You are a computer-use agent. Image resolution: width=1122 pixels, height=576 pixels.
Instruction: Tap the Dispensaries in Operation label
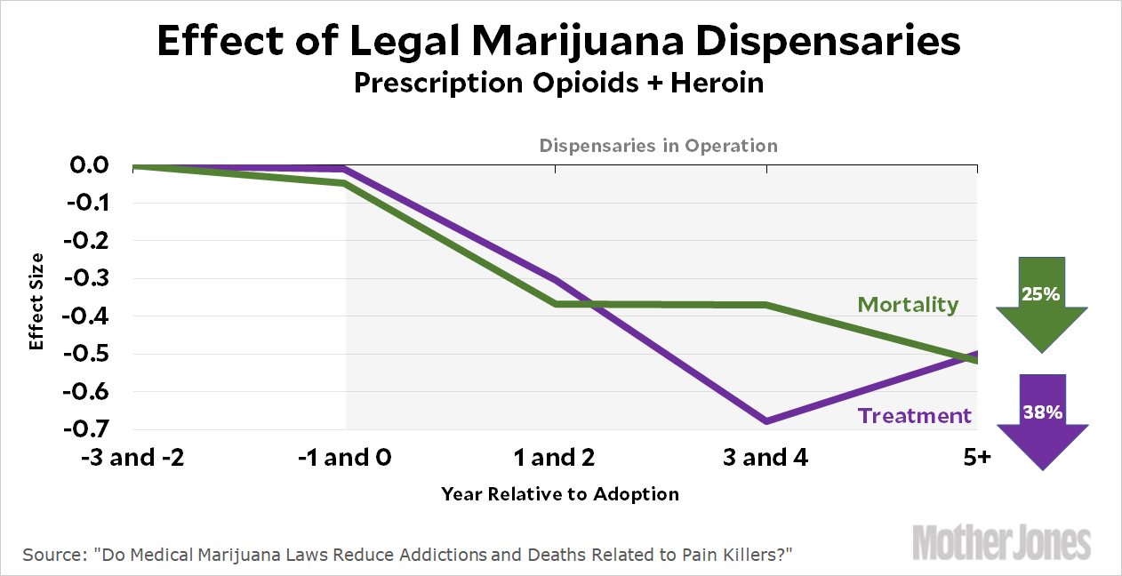tap(658, 146)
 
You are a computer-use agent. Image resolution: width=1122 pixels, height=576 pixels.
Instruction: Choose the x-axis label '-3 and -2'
tap(133, 459)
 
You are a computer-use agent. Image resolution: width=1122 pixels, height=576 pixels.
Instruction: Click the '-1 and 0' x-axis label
tap(344, 459)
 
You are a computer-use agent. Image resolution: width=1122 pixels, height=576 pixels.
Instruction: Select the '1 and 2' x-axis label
tap(555, 459)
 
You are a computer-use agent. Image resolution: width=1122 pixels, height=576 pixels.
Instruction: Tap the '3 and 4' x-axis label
tap(765, 459)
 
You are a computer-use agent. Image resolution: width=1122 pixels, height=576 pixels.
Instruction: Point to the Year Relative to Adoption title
tap(559, 494)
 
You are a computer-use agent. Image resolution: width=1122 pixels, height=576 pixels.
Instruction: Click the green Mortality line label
tap(908, 305)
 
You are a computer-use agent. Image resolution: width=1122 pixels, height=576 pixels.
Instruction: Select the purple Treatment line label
tap(915, 415)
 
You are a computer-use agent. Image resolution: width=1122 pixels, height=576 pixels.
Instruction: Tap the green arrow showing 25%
tap(1041, 302)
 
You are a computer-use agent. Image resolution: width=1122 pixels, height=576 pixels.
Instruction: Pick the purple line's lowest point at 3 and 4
tap(765, 421)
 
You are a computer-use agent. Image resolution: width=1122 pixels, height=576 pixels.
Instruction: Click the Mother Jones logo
tap(1003, 541)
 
